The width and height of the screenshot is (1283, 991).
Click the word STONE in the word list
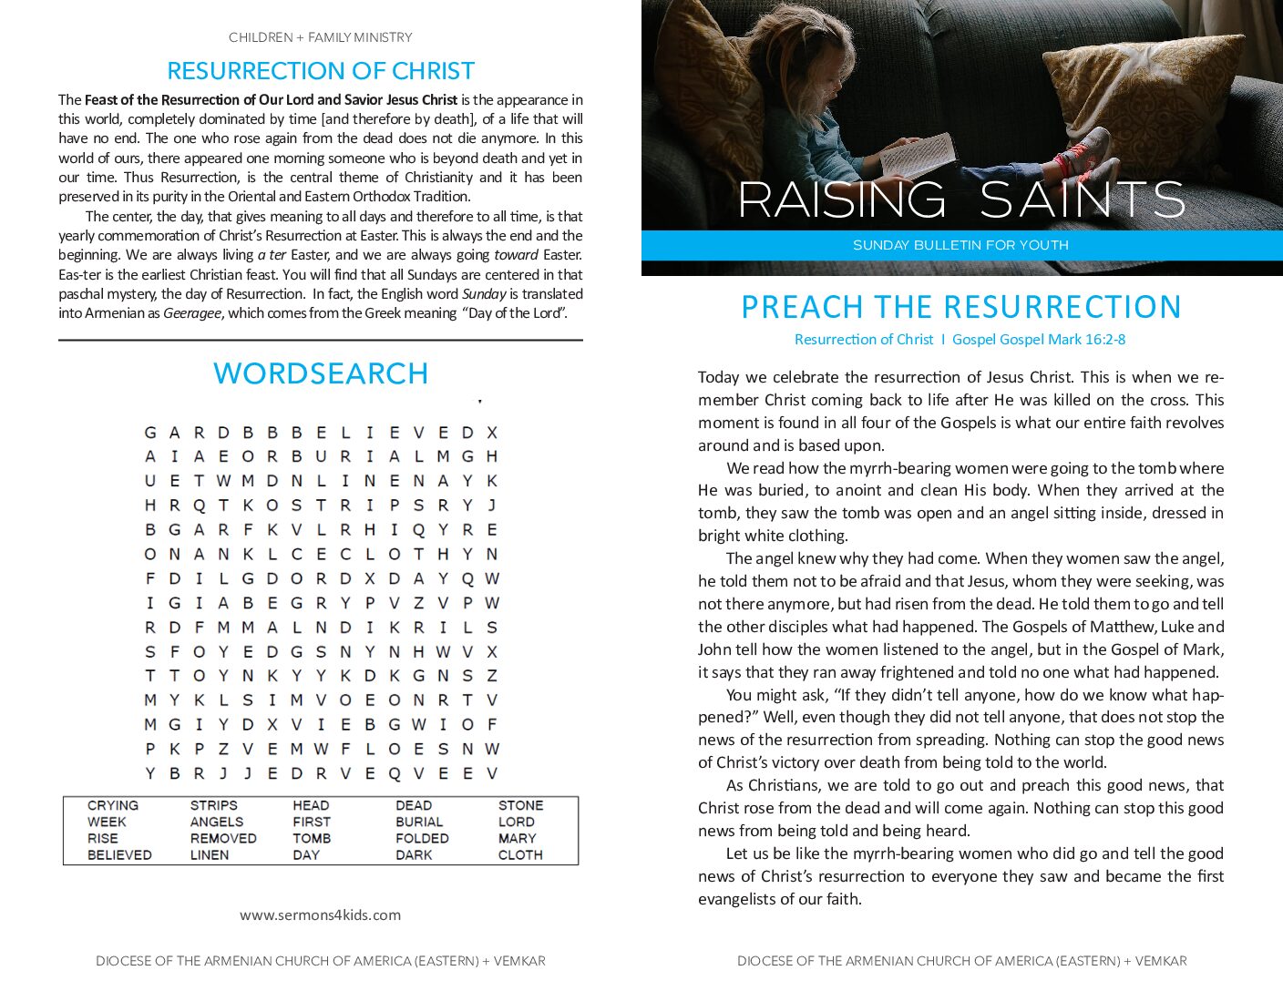coord(520,805)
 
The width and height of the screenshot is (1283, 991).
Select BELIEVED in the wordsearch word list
coord(119,854)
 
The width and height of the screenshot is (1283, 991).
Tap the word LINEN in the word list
coord(209,854)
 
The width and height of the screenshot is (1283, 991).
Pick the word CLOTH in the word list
coord(520,854)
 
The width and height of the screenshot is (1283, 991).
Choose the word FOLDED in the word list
coord(422,838)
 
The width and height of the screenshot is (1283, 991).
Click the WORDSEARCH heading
coord(321,373)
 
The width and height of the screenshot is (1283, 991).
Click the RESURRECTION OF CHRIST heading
coord(321,71)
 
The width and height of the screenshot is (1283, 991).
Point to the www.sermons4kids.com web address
coord(320,914)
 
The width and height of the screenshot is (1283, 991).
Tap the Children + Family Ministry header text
coord(321,37)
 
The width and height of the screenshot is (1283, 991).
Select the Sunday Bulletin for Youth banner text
coord(960,245)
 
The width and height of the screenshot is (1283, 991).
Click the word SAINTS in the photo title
coord(1082,199)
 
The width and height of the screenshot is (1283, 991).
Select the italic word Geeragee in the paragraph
coord(192,313)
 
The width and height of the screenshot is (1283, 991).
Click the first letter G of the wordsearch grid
coord(150,433)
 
